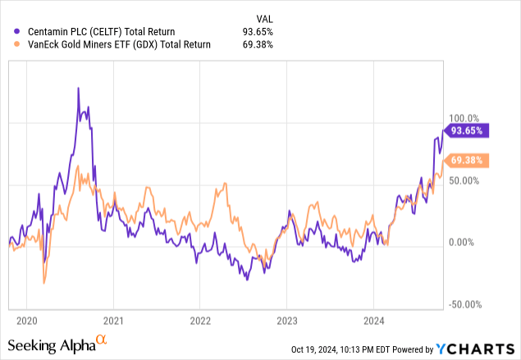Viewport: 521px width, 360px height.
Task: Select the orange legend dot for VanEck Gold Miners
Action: tap(8, 45)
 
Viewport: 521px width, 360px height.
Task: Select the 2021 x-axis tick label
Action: tap(113, 320)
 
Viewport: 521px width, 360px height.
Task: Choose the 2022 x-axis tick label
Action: tap(200, 320)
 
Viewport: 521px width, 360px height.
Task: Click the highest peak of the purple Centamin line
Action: tap(78, 88)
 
